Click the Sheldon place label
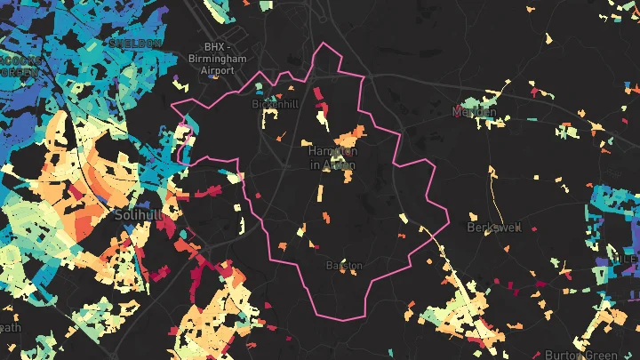pos(134,43)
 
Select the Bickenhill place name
pos(276,104)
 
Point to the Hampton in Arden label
pos(332,158)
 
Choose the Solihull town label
pos(136,215)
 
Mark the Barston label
pos(343,265)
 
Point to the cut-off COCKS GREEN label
pos(18,66)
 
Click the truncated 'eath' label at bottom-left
pos(10,328)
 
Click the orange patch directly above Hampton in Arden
pos(353,136)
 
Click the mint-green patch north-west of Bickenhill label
pos(258,88)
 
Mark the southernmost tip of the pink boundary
pos(347,320)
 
